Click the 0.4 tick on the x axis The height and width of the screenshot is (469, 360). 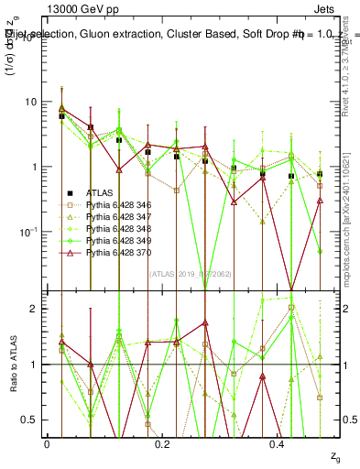click(x=278, y=443)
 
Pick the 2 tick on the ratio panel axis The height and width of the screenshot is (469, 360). click(x=36, y=309)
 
